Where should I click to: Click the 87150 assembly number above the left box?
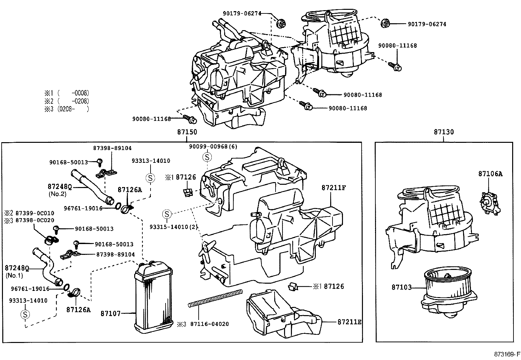pyautogui.click(x=187, y=132)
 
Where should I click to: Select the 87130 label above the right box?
pyautogui.click(x=444, y=132)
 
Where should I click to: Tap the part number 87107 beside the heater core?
pyautogui.click(x=111, y=314)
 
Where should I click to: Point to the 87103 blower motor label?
pyautogui.click(x=402, y=287)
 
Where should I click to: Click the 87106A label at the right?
pyautogui.click(x=490, y=174)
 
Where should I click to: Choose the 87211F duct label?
pyautogui.click(x=334, y=187)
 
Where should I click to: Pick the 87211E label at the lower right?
pyautogui.click(x=350, y=322)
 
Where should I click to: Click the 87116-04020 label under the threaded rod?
pyautogui.click(x=209, y=324)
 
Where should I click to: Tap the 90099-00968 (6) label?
pyautogui.click(x=213, y=146)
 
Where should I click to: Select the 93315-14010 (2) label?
pyautogui.click(x=173, y=227)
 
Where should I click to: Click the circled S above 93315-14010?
pyautogui.click(x=167, y=214)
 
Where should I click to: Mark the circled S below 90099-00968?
pyautogui.click(x=207, y=157)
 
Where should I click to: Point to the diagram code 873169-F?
pyautogui.click(x=507, y=354)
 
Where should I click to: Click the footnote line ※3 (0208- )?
pyautogui.click(x=67, y=109)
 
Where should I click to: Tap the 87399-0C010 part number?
pyautogui.click(x=35, y=213)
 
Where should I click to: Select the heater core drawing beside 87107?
pyautogui.click(x=154, y=296)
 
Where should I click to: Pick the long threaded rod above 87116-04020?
pyautogui.click(x=215, y=298)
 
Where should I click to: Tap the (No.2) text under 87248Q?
pyautogui.click(x=58, y=194)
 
